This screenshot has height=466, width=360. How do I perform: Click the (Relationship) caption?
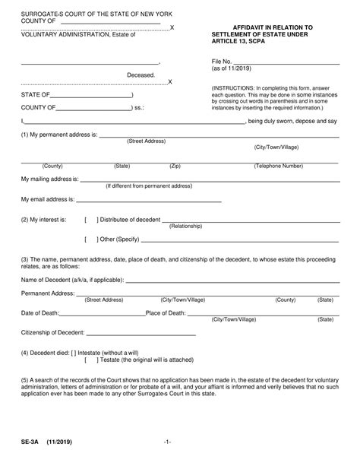[x=185, y=227]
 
